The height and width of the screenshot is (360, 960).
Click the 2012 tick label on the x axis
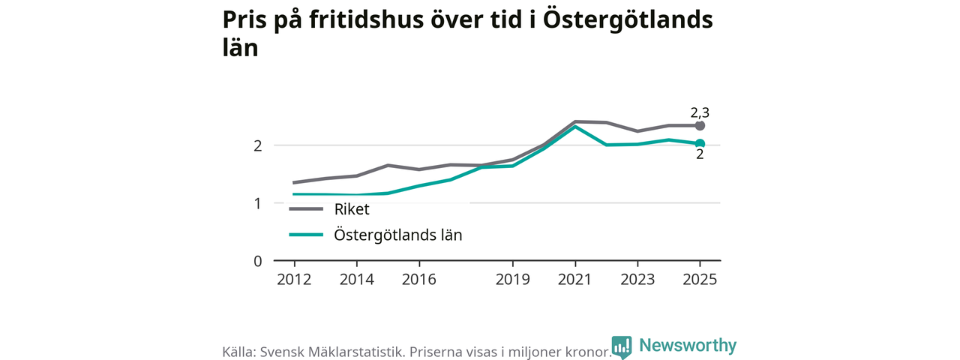click(294, 280)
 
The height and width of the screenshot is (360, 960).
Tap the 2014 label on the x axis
click(356, 280)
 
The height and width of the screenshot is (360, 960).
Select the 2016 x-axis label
click(418, 280)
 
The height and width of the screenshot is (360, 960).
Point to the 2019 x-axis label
click(512, 280)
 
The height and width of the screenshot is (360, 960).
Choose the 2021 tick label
click(574, 280)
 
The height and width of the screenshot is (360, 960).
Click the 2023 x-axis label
click(637, 280)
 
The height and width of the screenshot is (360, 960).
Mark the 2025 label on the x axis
click(700, 280)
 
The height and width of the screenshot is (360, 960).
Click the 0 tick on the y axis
click(257, 261)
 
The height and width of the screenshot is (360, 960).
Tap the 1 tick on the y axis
click(257, 203)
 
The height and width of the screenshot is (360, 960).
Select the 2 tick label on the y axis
click(257, 146)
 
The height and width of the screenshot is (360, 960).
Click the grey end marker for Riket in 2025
click(700, 125)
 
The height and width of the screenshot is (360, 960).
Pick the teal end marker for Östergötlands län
click(700, 143)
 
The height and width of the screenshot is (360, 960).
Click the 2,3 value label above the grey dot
click(700, 112)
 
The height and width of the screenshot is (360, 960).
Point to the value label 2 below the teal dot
click(700, 154)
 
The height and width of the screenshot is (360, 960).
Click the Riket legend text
click(352, 209)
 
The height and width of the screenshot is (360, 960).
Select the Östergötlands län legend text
click(398, 235)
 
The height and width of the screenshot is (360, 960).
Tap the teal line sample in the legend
click(306, 235)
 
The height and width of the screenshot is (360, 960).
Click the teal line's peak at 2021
click(574, 127)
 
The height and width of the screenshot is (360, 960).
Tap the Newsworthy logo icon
click(622, 346)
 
